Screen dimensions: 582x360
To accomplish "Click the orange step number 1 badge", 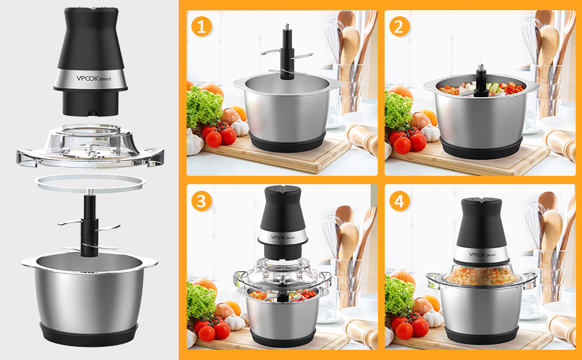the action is (x=201, y=27).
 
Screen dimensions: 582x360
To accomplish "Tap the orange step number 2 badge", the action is (x=400, y=27).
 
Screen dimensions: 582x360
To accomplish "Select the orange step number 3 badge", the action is (x=201, y=201).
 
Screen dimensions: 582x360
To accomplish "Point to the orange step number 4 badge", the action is (x=400, y=201).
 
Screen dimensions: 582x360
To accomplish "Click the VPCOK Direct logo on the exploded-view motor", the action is (x=94, y=79).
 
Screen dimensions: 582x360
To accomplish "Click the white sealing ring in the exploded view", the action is (x=90, y=182).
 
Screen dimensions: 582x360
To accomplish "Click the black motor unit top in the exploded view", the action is (x=91, y=61).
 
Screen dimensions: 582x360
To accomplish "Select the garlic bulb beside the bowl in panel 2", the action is (x=430, y=133).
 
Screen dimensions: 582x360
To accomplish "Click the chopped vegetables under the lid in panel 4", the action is (x=481, y=276).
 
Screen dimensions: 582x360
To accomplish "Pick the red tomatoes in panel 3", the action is (x=212, y=328).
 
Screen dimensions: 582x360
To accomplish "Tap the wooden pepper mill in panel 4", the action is (x=561, y=328).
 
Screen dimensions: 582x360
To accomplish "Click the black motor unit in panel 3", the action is (x=283, y=222).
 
